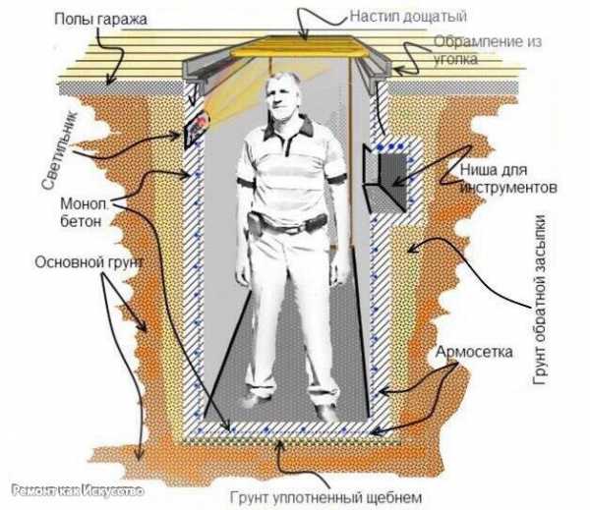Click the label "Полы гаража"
[100, 20]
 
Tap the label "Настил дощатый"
[408, 17]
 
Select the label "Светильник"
[60, 150]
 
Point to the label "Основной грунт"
[89, 262]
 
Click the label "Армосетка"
[474, 352]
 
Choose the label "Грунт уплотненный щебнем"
[325, 497]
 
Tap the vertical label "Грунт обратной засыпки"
[540, 300]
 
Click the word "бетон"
[81, 221]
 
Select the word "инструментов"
[508, 188]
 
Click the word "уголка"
[455, 59]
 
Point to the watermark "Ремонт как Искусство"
[78, 491]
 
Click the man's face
[281, 97]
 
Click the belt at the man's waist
[288, 223]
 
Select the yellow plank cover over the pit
[301, 47]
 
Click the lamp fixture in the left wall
[196, 129]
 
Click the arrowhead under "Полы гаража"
[109, 81]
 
